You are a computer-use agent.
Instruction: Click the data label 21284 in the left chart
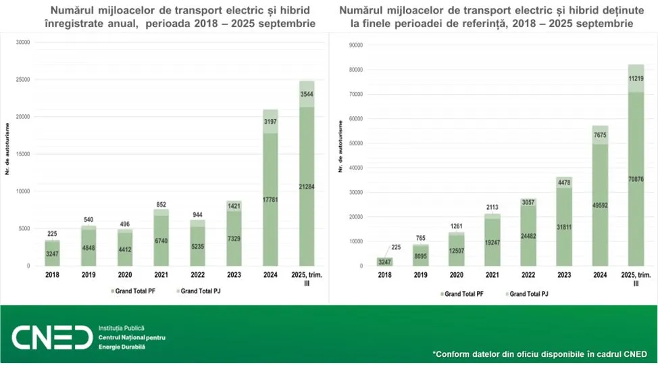click(x=307, y=186)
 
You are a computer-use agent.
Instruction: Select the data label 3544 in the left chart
click(x=307, y=94)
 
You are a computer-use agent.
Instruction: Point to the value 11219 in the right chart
click(x=635, y=78)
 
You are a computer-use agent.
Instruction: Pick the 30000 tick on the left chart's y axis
click(x=24, y=42)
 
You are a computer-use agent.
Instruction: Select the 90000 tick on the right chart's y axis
click(x=355, y=45)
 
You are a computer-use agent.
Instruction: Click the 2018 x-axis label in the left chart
click(x=53, y=275)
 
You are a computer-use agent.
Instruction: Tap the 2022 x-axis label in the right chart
click(x=528, y=275)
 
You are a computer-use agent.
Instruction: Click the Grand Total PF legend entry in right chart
click(x=465, y=294)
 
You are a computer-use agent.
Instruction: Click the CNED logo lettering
click(x=51, y=336)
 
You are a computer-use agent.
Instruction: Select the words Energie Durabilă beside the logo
click(x=122, y=347)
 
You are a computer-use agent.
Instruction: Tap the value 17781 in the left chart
click(x=270, y=199)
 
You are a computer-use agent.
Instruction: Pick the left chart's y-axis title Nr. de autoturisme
click(x=8, y=149)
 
